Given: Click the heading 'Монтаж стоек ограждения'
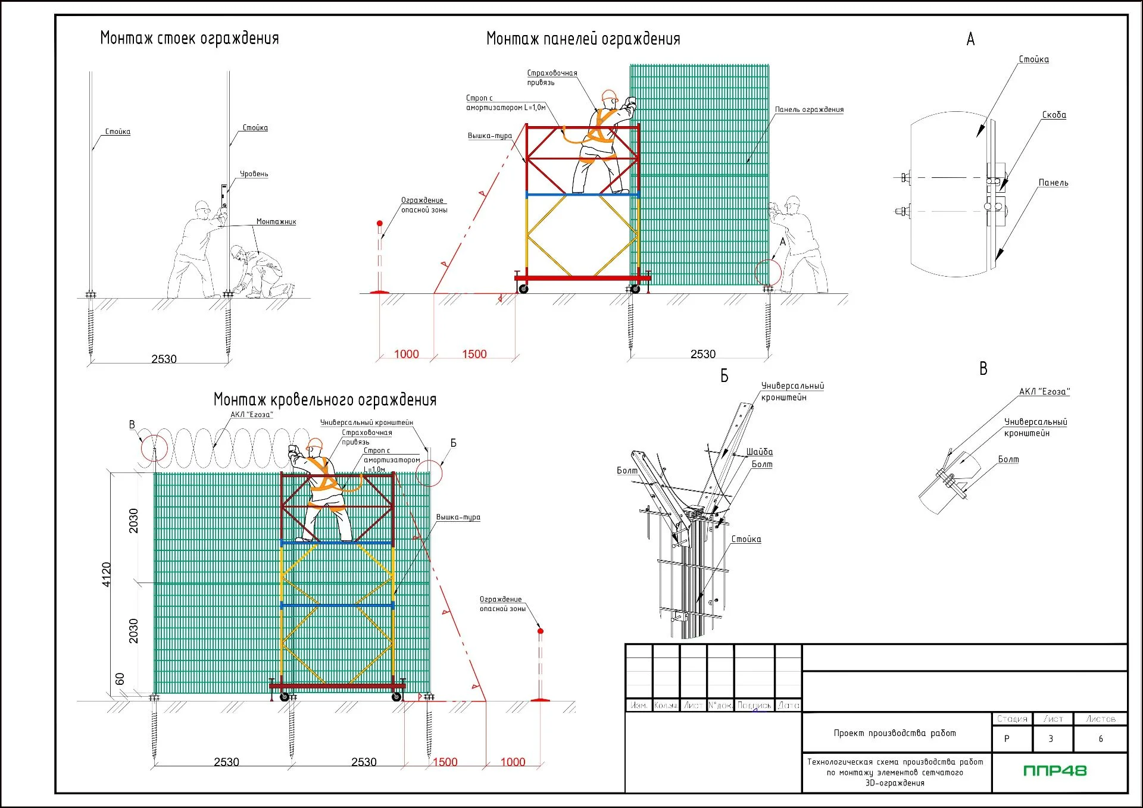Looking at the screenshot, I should (189, 39).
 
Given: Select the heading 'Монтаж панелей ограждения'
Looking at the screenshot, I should (583, 39).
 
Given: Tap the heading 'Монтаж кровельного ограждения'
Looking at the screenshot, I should (325, 400).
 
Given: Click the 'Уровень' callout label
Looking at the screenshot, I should (254, 174).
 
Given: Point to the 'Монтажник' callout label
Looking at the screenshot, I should (276, 221).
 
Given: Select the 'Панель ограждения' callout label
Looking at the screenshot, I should (809, 109).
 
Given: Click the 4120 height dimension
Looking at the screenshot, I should (107, 574).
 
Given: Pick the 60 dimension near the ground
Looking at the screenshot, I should (120, 679).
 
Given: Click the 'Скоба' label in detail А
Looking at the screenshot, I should (1054, 115).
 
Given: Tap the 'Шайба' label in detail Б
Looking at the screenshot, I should (760, 452).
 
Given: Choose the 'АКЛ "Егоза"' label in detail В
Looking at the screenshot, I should (1044, 392).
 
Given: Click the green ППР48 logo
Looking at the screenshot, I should (1055, 771).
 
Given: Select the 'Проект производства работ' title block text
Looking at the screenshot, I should (895, 733).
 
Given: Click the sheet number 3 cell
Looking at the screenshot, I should (1051, 739).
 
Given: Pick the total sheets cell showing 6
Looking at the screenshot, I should (1101, 739).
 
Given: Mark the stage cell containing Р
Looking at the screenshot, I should (1007, 739).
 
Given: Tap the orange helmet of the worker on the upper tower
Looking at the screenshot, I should (610, 96).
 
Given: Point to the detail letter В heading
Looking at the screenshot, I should (983, 369).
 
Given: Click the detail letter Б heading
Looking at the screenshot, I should (724, 376).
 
